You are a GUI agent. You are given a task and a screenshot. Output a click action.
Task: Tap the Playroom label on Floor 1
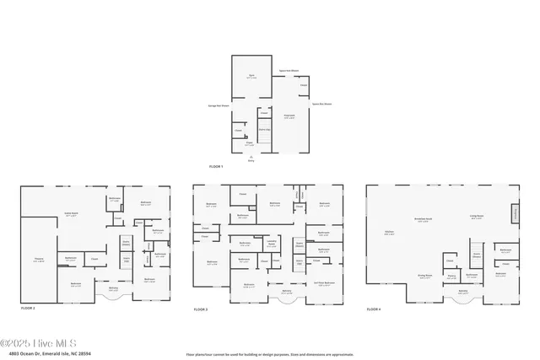(289, 116)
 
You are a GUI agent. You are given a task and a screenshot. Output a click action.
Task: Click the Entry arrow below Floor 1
(250, 157)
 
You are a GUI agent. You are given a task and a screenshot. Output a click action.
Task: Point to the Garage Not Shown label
(220, 105)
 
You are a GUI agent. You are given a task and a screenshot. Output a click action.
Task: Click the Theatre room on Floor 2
(38, 261)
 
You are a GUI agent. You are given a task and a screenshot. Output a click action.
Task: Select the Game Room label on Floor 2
(62, 215)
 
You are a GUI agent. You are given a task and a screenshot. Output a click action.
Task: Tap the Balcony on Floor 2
(113, 290)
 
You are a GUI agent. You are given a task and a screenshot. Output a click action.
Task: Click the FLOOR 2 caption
(28, 309)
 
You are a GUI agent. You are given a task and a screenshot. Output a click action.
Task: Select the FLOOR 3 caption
(201, 309)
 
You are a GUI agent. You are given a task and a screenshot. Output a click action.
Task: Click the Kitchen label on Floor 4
(389, 234)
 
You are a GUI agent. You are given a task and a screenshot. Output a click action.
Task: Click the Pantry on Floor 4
(451, 276)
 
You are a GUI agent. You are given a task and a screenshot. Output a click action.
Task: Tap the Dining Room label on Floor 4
(424, 276)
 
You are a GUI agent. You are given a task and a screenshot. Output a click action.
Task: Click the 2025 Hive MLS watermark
(40, 342)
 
